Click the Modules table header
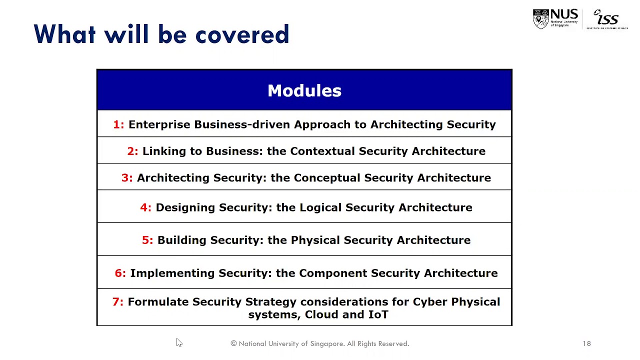pos(304,90)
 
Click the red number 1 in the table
pos(118,124)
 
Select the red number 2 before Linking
pos(132,151)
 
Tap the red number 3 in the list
pos(126,178)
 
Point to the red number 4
pos(145,207)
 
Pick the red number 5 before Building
pos(147,240)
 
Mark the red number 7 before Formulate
pos(117,302)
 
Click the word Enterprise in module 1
pos(159,124)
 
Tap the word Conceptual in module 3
pos(326,178)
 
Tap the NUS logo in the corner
pos(555,19)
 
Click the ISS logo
pos(607,19)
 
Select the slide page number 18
pos(586,343)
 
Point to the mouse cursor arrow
pos(179,342)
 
